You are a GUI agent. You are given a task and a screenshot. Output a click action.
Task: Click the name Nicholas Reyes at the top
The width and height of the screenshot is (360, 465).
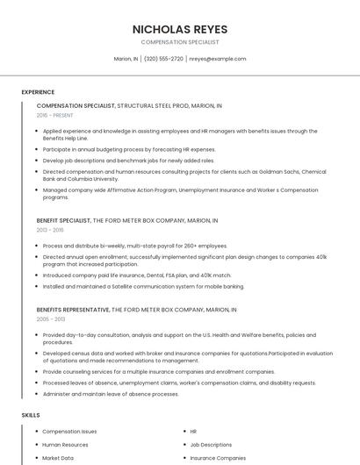(180, 28)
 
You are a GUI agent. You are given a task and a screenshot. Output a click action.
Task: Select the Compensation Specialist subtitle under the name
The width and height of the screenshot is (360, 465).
(180, 42)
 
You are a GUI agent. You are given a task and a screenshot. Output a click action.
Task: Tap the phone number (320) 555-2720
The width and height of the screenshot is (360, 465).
(163, 59)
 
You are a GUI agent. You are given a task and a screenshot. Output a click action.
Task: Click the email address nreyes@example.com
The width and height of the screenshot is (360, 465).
(218, 59)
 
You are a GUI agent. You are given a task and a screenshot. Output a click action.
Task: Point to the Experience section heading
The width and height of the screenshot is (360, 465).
(38, 92)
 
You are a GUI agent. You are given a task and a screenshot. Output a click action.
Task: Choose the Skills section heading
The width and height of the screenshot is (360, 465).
(31, 414)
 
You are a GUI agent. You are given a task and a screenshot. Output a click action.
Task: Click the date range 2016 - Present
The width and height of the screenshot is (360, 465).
(54, 115)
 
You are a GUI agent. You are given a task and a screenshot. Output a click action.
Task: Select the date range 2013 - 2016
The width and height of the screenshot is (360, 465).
(50, 230)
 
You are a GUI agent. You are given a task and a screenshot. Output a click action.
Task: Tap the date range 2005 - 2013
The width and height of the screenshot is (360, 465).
(50, 319)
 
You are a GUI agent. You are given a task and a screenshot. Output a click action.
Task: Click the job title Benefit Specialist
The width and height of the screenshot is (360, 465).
(63, 221)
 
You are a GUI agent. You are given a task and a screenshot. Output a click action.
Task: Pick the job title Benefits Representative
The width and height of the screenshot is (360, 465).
(74, 310)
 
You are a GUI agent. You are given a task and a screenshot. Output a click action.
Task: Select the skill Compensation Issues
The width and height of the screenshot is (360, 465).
(69, 432)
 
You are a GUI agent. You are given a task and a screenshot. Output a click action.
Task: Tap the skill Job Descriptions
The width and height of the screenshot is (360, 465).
(211, 445)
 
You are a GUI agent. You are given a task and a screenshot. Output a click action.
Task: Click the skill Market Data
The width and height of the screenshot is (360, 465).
(58, 458)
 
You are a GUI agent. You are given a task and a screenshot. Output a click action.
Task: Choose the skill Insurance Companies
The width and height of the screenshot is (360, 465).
(218, 458)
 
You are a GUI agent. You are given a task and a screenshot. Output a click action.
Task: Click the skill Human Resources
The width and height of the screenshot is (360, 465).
(65, 445)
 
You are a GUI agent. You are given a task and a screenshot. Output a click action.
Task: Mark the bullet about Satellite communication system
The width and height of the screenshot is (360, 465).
(143, 286)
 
